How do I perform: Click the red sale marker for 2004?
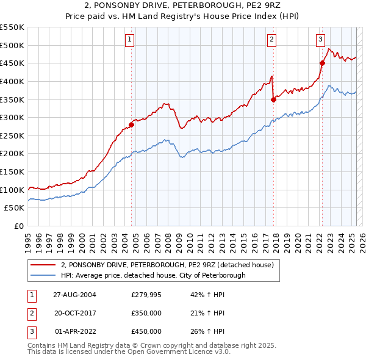pyautogui.click(x=132, y=124)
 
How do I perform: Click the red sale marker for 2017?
pyautogui.click(x=274, y=99)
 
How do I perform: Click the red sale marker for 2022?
pyautogui.click(x=322, y=63)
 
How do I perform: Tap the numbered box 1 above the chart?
pyautogui.click(x=130, y=40)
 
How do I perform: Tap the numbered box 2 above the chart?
pyautogui.click(x=271, y=40)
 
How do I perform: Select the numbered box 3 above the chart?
pyautogui.click(x=320, y=40)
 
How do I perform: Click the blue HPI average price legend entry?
pyautogui.click(x=153, y=275)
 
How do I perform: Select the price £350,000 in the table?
pyautogui.click(x=146, y=313)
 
